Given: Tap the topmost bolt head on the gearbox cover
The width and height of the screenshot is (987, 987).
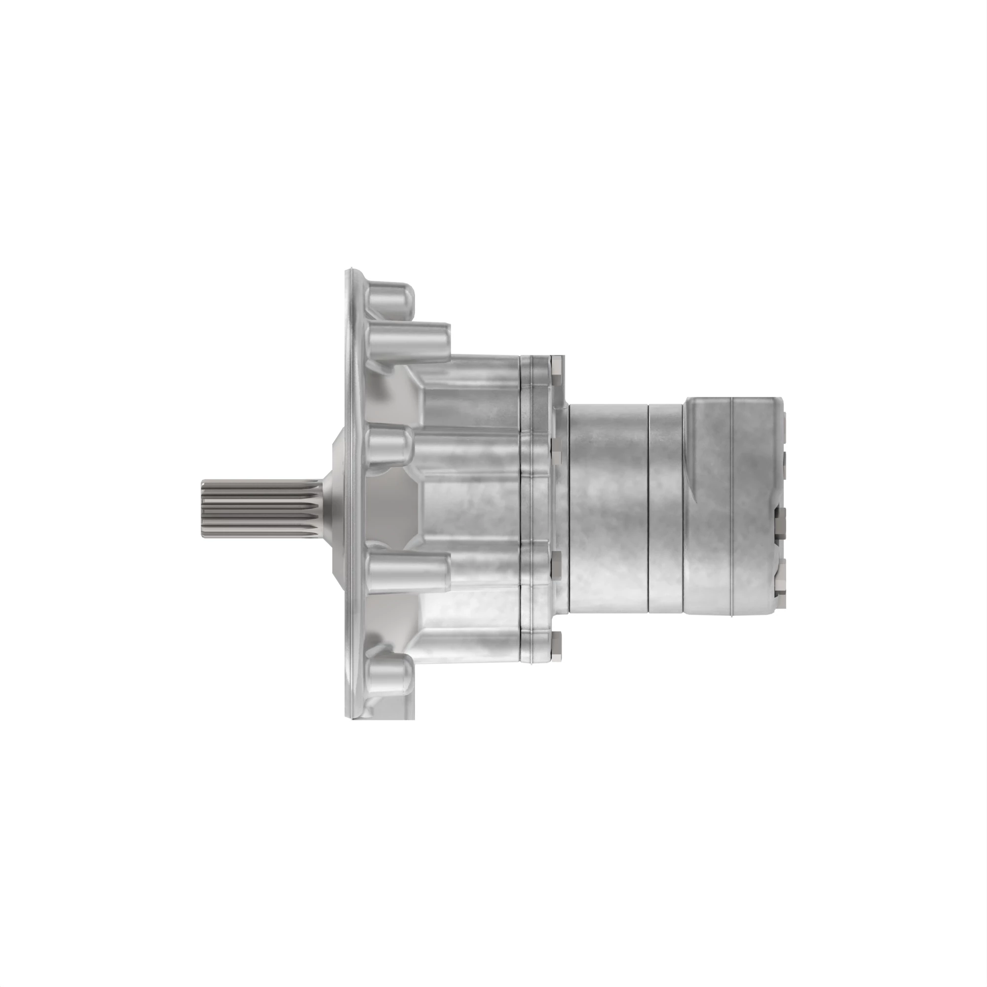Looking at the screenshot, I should (x=557, y=365).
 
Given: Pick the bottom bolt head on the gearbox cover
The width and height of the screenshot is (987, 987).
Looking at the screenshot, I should (x=557, y=643).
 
